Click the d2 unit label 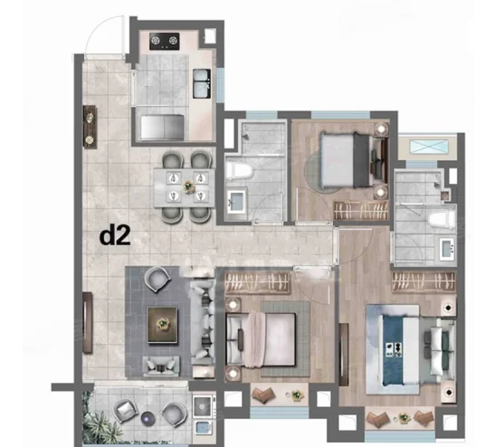pos(115,236)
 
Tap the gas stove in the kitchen pos(165,41)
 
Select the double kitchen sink pos(202,83)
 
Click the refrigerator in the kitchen pos(162,127)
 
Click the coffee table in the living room pos(162,325)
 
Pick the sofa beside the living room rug pos(203,322)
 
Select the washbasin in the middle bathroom pos(237,202)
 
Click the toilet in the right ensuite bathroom pos(442,220)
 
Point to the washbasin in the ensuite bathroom pos(448,248)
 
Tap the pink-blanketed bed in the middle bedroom pos(262,339)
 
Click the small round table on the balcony pos(147,418)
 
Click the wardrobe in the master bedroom pos(423,282)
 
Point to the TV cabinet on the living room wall pos(88,323)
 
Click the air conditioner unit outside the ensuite pos(429,147)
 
